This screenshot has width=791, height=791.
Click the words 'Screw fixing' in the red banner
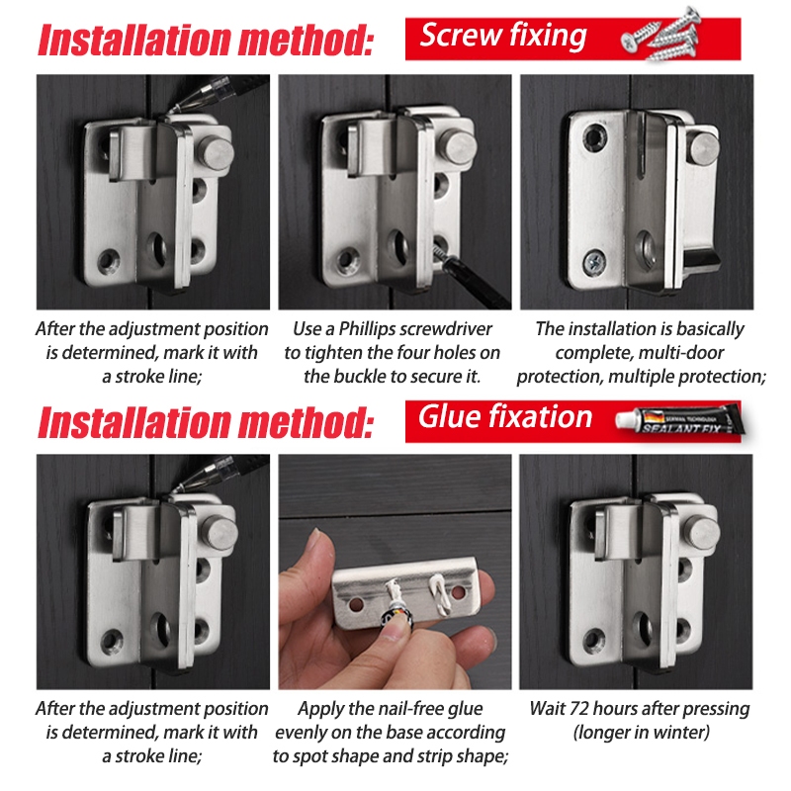(503, 37)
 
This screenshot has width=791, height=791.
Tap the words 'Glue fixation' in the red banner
(504, 417)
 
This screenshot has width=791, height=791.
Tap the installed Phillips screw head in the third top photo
(594, 262)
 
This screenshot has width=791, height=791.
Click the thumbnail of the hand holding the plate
(395, 571)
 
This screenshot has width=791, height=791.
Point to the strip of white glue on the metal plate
(438, 594)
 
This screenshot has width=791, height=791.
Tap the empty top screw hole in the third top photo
(595, 137)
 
